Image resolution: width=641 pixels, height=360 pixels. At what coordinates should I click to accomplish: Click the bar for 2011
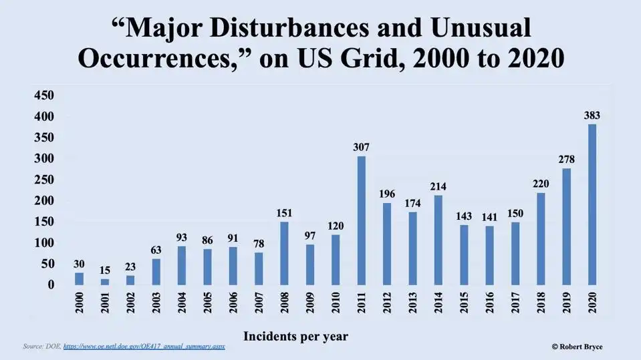pos(362,220)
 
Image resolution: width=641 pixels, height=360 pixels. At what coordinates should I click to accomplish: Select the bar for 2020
pos(592,204)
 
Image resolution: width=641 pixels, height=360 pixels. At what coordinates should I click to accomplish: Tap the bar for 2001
pos(105,282)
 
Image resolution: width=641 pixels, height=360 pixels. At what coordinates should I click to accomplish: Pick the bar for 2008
pos(285,253)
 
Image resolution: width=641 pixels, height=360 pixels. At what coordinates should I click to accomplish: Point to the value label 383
pos(592,115)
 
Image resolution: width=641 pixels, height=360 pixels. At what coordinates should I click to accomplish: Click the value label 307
pos(362,147)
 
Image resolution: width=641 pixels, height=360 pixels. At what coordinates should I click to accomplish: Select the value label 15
pos(105,270)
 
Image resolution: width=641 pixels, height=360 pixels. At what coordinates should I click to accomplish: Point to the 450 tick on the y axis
pos(43,96)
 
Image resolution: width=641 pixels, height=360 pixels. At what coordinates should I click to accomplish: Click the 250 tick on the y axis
pos(43,180)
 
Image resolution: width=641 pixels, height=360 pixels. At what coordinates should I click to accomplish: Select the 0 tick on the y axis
pos(51,285)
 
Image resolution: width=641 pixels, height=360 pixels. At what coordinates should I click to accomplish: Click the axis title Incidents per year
pos(295,336)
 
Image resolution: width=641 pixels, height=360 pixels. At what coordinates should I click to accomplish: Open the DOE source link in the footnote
pos(148,347)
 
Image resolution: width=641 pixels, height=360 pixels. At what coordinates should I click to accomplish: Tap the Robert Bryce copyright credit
pos(577,347)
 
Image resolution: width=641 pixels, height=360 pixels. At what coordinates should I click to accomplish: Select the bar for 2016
pos(490,255)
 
